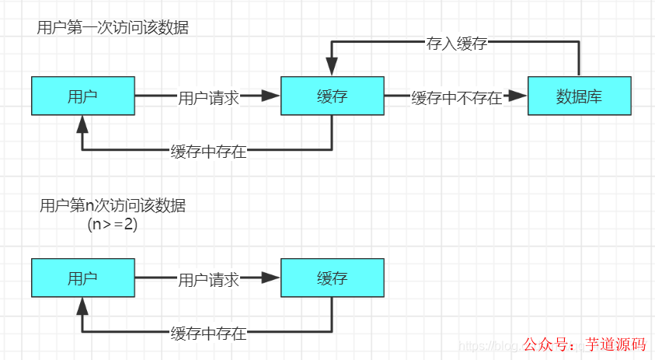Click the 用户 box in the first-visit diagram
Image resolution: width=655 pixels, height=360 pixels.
pos(82,96)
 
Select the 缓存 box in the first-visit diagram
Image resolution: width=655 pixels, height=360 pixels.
pos(332,96)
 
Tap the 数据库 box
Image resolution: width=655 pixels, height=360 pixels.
pos(580,96)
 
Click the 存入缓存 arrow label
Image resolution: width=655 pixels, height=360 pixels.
pos(456,44)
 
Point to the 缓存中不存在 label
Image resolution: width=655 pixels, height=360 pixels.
pos(456,98)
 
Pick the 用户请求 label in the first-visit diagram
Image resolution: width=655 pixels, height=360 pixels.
pos(208,98)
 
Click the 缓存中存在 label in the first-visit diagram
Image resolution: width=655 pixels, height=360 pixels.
pos(208,152)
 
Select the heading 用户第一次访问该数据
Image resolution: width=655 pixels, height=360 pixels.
pos(113,28)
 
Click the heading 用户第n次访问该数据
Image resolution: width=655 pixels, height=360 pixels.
pos(113,206)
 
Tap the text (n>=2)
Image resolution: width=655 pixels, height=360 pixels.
pos(113,225)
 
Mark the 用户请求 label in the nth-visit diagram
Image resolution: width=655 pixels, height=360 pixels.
pos(208,280)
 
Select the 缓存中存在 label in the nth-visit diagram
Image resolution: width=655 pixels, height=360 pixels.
pos(208,334)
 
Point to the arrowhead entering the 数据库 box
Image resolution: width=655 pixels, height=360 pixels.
pos(517,96)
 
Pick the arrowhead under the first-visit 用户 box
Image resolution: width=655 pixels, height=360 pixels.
pos(82,124)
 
